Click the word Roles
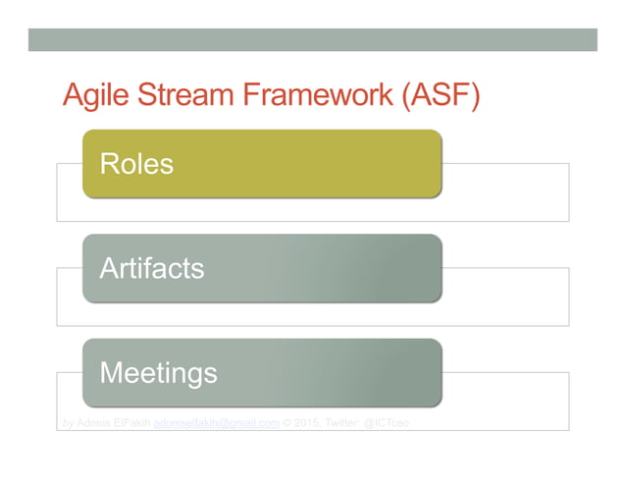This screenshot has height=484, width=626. click(136, 164)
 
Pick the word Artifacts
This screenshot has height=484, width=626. click(151, 268)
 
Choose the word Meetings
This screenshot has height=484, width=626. click(158, 373)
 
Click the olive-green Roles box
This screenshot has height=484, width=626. click(294, 164)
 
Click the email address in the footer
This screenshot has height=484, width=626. click(217, 423)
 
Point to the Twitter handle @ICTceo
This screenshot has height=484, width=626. click(386, 423)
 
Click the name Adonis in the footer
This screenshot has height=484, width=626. click(94, 423)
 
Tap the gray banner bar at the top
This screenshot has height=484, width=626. click(312, 39)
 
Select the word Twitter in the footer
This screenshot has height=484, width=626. click(343, 423)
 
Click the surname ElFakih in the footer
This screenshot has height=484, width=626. click(133, 423)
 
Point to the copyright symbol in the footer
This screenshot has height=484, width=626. click(287, 423)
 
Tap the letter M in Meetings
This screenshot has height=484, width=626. click(110, 373)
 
